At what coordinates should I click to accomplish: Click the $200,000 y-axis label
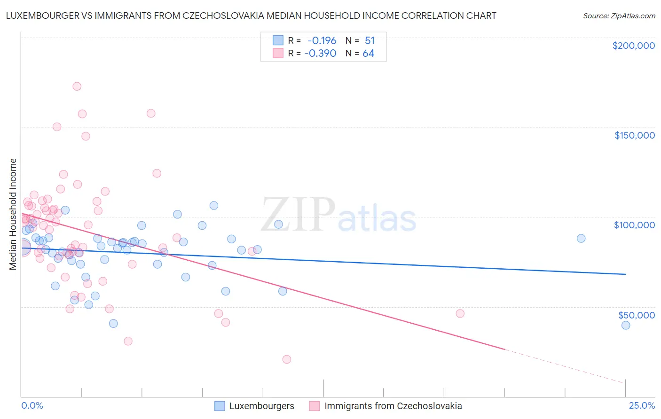coord(633,46)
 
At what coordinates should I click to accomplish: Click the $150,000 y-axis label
coord(634,135)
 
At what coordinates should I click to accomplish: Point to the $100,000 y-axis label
coord(634,225)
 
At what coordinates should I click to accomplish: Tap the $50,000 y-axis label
coord(636,315)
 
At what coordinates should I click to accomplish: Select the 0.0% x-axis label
coord(32,406)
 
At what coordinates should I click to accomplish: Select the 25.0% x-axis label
coord(642,406)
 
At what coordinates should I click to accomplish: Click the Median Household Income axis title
coord(13,214)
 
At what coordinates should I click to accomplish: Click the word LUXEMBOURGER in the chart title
coord(39,16)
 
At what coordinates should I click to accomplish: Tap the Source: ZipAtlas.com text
coord(619,16)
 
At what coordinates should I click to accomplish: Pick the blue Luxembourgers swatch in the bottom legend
coord(220,406)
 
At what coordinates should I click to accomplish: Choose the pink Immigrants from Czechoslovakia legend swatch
coord(315,406)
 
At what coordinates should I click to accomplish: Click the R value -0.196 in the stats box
coord(322,41)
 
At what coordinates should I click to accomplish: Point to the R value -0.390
coord(320,53)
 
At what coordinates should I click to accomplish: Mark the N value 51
coord(370,41)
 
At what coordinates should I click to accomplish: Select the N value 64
coord(369,53)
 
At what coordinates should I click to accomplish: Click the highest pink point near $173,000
coord(77,86)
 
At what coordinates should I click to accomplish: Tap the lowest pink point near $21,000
coord(287,359)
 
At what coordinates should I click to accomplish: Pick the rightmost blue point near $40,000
coord(626,325)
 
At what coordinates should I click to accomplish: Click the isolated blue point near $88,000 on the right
coord(581,238)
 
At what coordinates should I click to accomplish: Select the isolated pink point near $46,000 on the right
coord(460,313)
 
